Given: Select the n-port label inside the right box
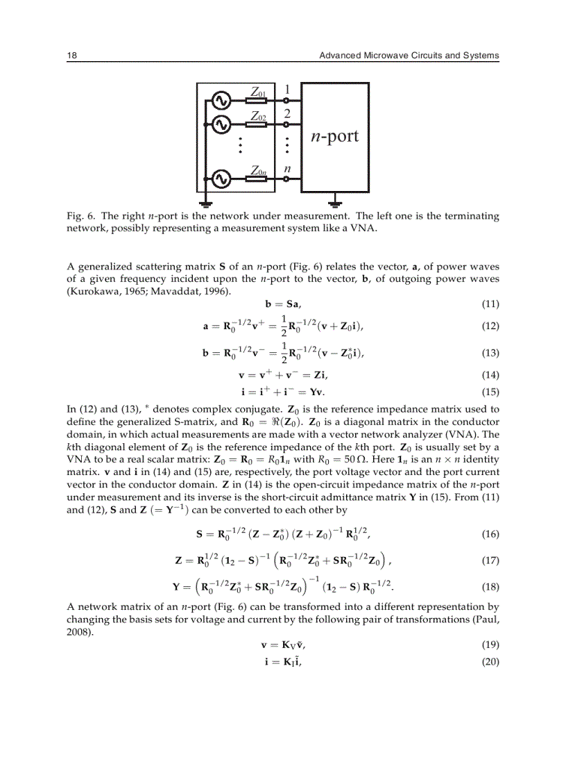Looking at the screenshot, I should click(334, 135).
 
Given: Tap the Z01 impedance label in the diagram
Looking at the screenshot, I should click(258, 92).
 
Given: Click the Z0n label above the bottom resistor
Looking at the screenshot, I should click(258, 170).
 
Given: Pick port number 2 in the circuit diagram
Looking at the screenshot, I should click(287, 113).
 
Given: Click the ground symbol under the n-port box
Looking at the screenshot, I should click(335, 204).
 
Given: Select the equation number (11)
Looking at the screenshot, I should click(490, 304).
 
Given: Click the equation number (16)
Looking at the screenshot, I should click(490, 535).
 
